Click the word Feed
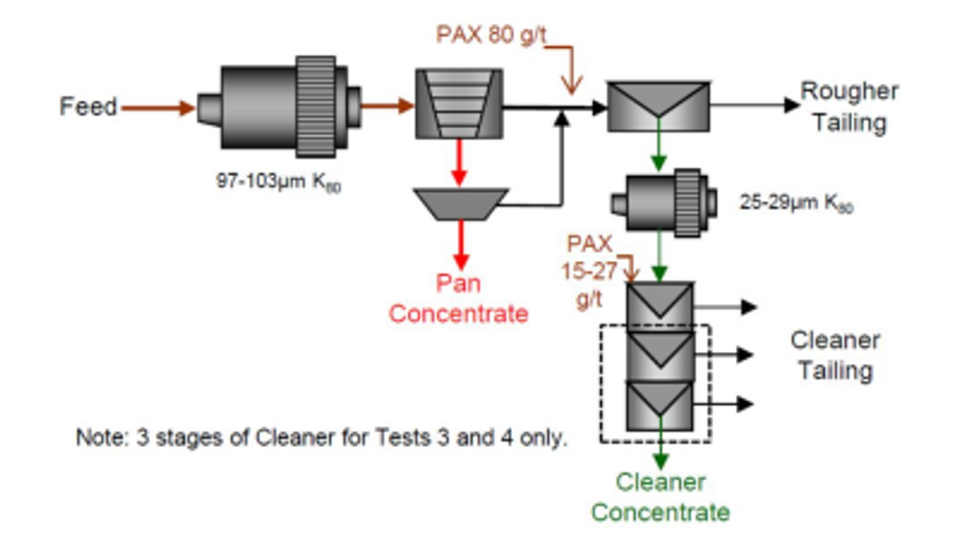(x=88, y=107)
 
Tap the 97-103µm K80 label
(x=279, y=181)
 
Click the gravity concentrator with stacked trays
(x=458, y=103)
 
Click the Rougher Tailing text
(x=849, y=107)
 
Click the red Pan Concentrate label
(x=458, y=298)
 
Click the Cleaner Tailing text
(x=835, y=356)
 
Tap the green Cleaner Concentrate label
(x=661, y=497)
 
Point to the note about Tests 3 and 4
(x=321, y=437)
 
